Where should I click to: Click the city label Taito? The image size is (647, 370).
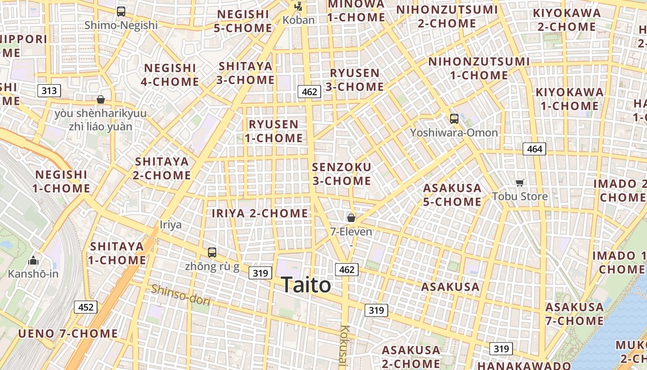[306, 285]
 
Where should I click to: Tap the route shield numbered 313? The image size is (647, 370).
[49, 90]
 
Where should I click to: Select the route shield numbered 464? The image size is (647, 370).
[534, 149]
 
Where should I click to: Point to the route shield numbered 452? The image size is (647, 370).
[85, 307]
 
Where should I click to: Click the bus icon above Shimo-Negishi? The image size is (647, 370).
[121, 12]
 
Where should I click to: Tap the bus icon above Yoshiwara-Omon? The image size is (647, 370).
[454, 119]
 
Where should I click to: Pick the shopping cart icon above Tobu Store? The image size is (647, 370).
[520, 183]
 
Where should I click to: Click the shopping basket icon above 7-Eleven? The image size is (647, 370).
[351, 217]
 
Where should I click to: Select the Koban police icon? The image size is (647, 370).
[299, 6]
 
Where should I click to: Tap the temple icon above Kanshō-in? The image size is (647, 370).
[33, 260]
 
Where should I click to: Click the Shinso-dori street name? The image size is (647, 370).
[181, 295]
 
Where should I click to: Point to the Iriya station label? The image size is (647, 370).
[171, 225]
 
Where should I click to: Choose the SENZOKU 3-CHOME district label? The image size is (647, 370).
[342, 173]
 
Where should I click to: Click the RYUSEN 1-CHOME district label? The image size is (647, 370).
[274, 131]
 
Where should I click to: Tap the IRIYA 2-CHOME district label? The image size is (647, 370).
[260, 213]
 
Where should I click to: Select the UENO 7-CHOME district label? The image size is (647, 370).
[68, 333]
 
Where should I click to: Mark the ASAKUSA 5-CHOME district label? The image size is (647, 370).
[452, 195]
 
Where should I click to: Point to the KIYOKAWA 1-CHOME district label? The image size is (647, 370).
[569, 99]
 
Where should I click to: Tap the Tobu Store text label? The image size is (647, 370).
[520, 196]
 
